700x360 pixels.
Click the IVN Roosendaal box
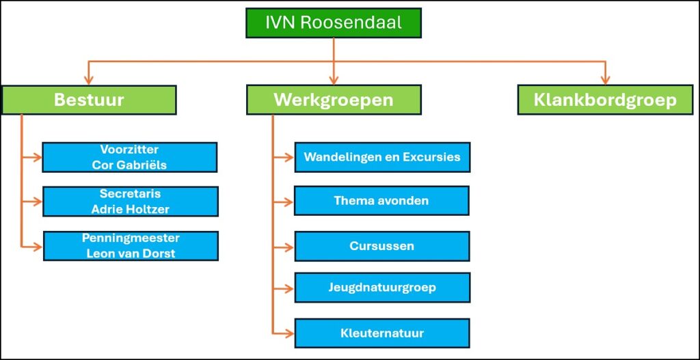tap(334, 23)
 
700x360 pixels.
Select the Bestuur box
tap(89, 100)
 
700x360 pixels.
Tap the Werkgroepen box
tap(334, 100)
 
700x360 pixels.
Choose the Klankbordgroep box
tap(605, 100)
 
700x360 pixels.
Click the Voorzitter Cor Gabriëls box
tap(129, 157)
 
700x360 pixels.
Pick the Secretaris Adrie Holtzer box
tap(130, 202)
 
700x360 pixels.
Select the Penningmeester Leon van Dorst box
tap(130, 246)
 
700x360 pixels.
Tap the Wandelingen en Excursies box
tap(382, 157)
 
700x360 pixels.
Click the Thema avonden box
tap(381, 201)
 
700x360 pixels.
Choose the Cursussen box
tap(382, 246)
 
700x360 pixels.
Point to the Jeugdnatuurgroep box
tap(382, 288)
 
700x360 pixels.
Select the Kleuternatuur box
tap(382, 333)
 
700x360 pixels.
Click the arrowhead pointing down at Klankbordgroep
tap(605, 81)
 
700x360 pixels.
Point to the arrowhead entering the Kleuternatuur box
tap(289, 333)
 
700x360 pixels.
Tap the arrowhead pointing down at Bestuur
tap(87, 81)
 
